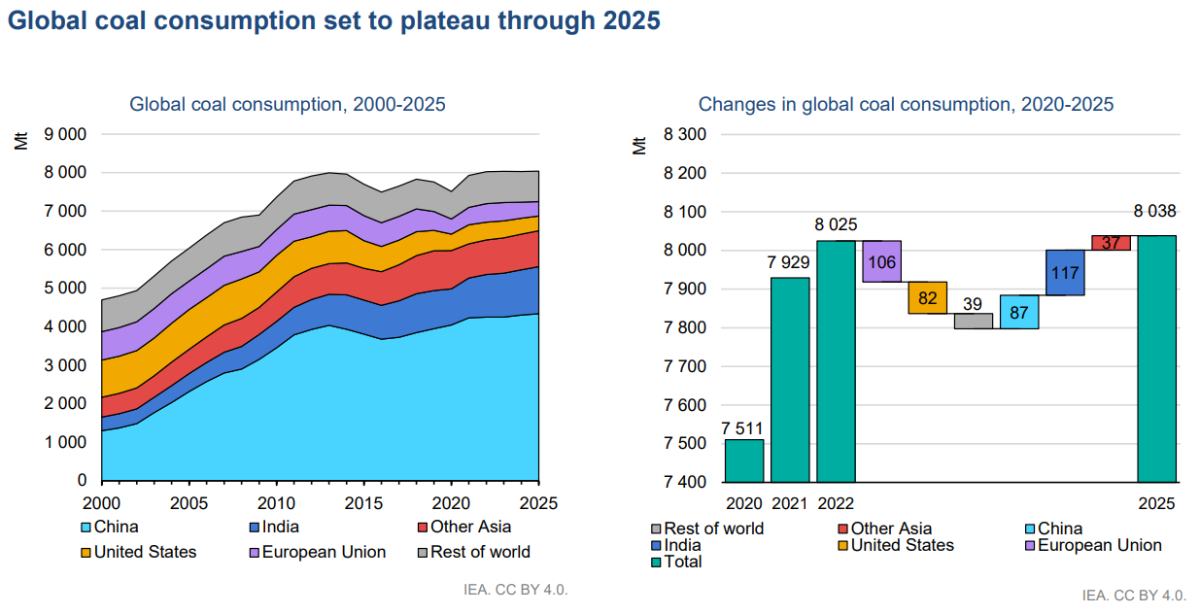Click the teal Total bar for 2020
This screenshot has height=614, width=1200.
click(743, 460)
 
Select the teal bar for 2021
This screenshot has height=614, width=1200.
click(790, 380)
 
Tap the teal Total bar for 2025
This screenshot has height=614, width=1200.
click(1157, 358)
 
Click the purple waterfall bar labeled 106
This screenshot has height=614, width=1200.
click(882, 261)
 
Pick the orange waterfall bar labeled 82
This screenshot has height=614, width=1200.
click(928, 297)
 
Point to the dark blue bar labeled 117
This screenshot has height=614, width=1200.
click(1065, 272)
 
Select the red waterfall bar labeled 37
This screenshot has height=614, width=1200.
click(1111, 243)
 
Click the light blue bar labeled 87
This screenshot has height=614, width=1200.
click(1019, 312)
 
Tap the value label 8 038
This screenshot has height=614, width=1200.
click(1156, 213)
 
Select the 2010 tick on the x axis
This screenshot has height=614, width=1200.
click(276, 504)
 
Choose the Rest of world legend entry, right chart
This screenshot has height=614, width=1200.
click(713, 529)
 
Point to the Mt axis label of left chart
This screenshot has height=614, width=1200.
click(21, 139)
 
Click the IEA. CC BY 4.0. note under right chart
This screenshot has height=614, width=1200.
click(1134, 595)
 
